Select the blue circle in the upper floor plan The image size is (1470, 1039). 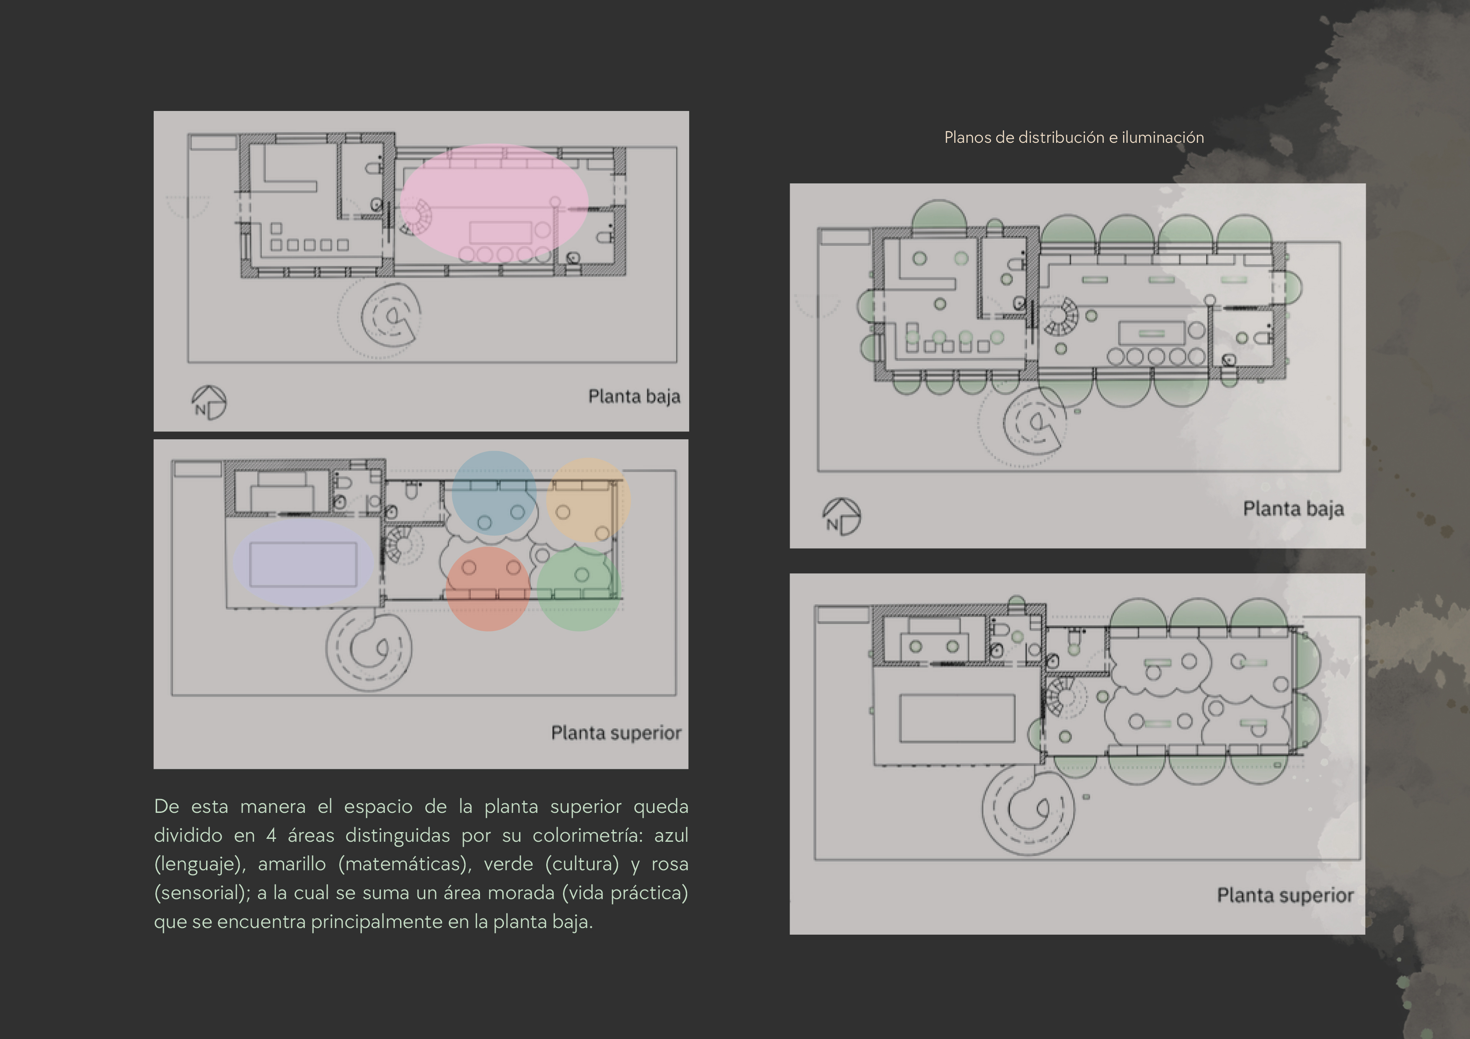point(493,493)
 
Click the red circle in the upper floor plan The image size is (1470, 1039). point(488,589)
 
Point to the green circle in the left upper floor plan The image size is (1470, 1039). point(579,589)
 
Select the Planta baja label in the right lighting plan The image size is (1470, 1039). point(1293,509)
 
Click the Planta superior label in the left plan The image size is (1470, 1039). point(616,732)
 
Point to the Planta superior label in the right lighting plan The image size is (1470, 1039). point(1285,895)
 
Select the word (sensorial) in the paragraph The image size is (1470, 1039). point(202,893)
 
